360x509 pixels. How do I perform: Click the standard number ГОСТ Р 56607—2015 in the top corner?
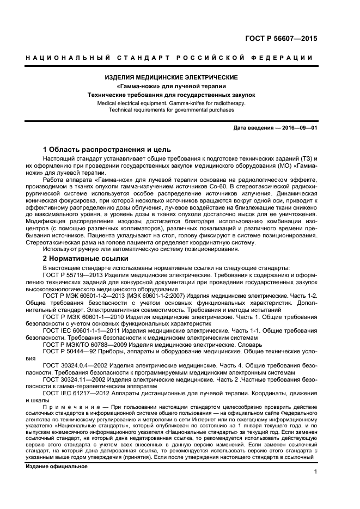click(278, 39)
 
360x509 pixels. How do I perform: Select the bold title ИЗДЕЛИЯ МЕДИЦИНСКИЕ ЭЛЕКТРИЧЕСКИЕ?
click(172, 78)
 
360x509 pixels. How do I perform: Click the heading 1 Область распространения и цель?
click(107, 149)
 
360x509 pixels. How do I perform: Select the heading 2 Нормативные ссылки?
click(86, 259)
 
